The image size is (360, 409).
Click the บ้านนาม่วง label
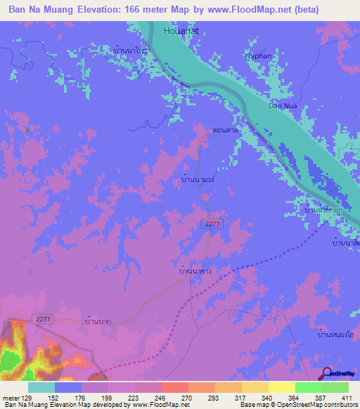click(198, 180)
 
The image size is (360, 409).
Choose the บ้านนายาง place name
click(195, 269)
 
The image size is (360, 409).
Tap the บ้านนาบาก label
click(99, 321)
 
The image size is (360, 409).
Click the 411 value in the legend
click(348, 398)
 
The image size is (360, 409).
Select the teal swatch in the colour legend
click(41, 387)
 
